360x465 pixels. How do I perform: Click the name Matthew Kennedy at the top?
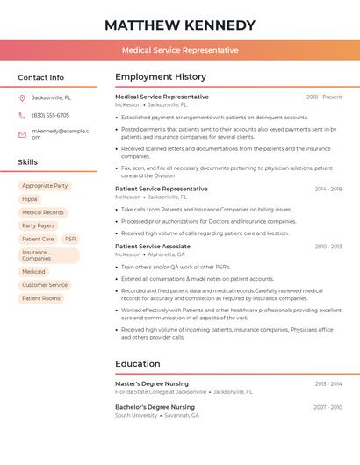180,25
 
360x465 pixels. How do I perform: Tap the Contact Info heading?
41,77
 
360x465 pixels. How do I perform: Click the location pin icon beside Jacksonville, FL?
22,97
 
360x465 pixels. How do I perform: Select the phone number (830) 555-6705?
50,115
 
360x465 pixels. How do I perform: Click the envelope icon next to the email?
22,134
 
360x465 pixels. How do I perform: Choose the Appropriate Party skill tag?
45,186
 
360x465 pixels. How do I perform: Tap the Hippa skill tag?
30,199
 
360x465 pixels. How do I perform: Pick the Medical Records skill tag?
42,212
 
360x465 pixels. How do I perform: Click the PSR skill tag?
70,239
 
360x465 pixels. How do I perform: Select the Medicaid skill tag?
33,272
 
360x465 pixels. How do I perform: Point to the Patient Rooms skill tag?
41,298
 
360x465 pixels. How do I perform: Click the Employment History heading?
161,77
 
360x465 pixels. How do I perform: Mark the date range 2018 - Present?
324,97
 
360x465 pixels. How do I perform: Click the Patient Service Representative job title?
162,189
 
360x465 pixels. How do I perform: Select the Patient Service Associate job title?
153,247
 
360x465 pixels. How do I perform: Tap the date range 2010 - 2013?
328,247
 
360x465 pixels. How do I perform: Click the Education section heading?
138,363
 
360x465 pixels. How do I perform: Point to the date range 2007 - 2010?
328,407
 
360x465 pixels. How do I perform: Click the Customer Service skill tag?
45,285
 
